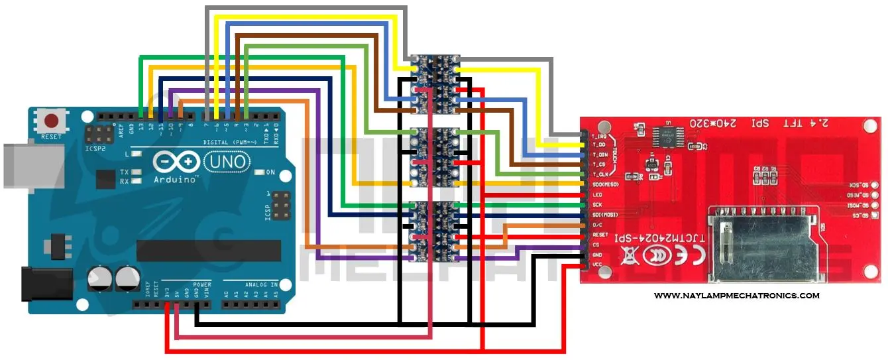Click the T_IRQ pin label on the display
[598, 135]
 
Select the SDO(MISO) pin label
[606, 184]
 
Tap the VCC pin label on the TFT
[596, 265]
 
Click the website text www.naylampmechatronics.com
[736, 296]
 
